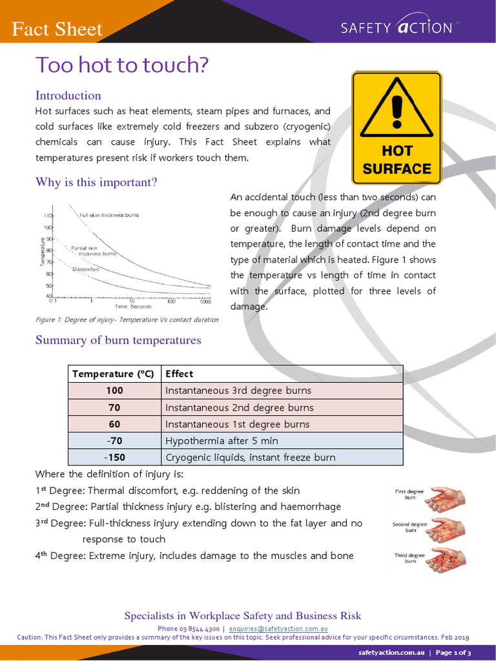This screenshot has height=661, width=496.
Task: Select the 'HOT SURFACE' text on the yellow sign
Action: click(x=397, y=160)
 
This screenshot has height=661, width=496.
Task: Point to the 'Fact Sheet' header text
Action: click(x=58, y=29)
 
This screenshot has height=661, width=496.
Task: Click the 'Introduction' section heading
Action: click(x=68, y=96)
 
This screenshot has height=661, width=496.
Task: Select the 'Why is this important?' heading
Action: click(x=96, y=182)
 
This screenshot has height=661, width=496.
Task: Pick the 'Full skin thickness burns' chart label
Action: click(x=109, y=215)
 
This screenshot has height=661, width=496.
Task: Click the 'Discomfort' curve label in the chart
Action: click(x=85, y=269)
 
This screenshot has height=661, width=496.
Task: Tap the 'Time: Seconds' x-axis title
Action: click(x=133, y=307)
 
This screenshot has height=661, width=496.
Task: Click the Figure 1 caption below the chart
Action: click(x=127, y=320)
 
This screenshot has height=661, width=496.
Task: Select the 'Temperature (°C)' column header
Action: click(x=114, y=374)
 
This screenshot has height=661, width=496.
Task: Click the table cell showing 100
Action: click(x=114, y=391)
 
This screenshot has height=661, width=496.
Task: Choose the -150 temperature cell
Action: click(x=114, y=458)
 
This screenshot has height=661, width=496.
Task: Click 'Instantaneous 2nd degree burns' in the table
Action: click(x=239, y=407)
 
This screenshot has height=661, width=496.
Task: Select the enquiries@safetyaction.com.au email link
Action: click(x=279, y=628)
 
